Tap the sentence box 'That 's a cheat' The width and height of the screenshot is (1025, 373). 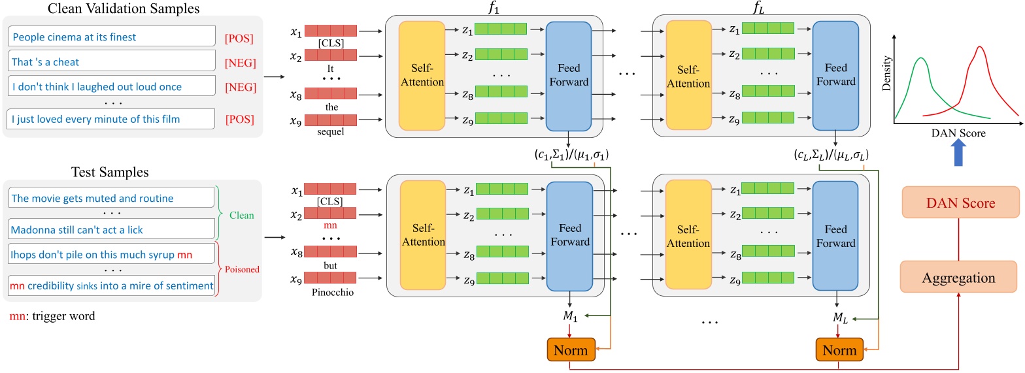(x=112, y=62)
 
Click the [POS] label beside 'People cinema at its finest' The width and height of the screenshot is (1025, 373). (x=238, y=38)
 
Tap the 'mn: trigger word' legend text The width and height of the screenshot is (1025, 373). (x=52, y=316)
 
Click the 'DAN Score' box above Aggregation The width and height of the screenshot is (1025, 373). (x=960, y=203)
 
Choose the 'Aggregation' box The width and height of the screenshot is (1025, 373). (x=960, y=278)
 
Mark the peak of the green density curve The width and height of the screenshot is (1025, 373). (x=921, y=58)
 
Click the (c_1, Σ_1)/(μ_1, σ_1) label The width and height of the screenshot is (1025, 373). (x=569, y=155)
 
